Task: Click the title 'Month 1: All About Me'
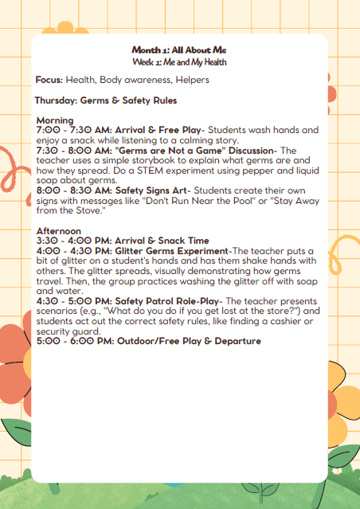point(180,50)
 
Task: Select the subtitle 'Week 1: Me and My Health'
point(180,61)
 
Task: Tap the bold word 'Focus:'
point(49,80)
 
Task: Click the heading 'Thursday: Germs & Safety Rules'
point(106,101)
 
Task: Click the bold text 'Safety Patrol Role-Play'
point(166,300)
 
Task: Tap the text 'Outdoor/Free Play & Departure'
point(188,341)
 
